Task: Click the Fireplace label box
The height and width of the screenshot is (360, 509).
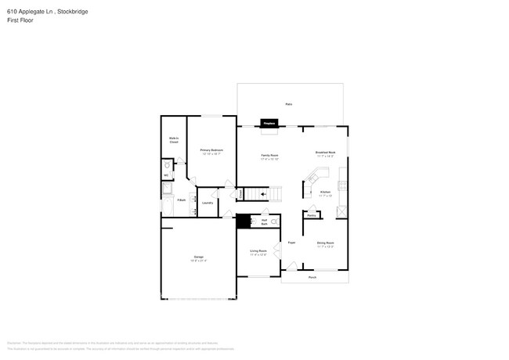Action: (x=269, y=123)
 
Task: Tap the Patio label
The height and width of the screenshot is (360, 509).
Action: (x=289, y=103)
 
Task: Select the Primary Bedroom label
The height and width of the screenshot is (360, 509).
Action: (x=211, y=152)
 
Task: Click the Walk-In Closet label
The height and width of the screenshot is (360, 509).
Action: (x=174, y=141)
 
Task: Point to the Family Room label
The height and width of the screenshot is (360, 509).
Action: (x=270, y=157)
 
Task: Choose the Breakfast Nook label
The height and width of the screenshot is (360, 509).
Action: (x=325, y=154)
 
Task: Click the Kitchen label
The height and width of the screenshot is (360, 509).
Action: (x=325, y=193)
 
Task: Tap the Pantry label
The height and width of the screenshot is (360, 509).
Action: (x=311, y=214)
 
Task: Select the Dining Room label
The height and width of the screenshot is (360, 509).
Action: (x=326, y=244)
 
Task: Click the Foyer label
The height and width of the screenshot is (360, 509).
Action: (x=291, y=243)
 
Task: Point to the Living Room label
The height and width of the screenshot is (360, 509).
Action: (x=258, y=253)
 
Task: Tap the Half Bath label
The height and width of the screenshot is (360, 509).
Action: (x=265, y=222)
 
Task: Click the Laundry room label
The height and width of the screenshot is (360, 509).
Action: (x=208, y=203)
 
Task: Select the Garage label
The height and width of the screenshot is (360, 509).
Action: (x=199, y=258)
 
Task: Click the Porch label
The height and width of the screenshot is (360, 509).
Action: (x=312, y=277)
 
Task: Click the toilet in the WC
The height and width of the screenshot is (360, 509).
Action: (x=166, y=167)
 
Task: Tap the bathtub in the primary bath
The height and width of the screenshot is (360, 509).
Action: (x=167, y=207)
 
